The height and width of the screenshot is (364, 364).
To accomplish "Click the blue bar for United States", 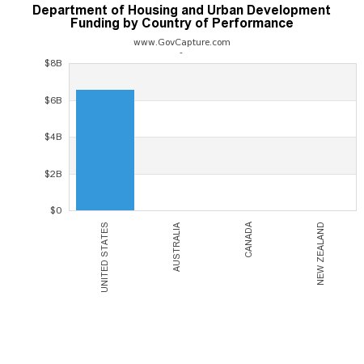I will [x=105, y=150].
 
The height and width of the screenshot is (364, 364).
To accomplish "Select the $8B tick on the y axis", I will [x=53, y=63].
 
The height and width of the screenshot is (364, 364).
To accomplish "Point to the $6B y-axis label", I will [x=53, y=100].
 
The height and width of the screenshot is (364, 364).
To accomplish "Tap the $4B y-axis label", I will [x=53, y=137].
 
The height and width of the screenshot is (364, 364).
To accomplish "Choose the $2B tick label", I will [x=53, y=174].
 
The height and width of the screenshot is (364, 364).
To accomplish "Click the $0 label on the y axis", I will [x=56, y=210].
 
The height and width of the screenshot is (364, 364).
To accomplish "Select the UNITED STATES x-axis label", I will [x=105, y=257].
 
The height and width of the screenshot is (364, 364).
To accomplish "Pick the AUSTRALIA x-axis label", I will [x=177, y=246].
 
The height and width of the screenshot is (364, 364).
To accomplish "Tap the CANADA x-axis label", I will [x=249, y=239].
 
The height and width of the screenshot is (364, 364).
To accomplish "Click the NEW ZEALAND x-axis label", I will [x=321, y=253].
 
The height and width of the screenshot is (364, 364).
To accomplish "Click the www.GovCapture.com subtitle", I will [x=181, y=42].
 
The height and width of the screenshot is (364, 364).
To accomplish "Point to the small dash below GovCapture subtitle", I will [x=181, y=53].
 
